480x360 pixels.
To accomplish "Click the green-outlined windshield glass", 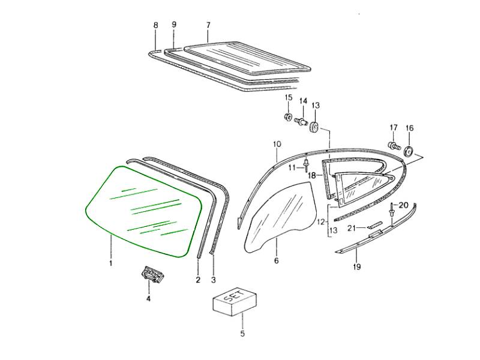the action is coord(143,211).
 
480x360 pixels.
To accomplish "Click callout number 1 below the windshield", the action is coord(111,263).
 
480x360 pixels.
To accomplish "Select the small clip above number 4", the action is coord(152,274).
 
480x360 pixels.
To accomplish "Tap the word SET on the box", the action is coord(235,297).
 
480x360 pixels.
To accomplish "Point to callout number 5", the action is coord(242,334).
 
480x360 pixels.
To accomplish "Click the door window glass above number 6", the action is coord(278,216).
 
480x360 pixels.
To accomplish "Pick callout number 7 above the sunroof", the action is coord(208,25).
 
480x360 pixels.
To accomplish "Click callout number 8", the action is coord(156,25).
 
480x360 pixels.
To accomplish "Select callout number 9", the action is coord(174,24).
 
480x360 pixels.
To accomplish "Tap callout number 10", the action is coord(277,144).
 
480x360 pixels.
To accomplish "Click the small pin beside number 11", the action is coord(306,166).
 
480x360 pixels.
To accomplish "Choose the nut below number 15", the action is coord(288,117).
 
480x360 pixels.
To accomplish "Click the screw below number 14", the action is coord(302,122).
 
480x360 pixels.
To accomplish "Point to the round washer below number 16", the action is coord(409,151).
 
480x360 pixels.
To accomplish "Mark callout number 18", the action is coord(311,175).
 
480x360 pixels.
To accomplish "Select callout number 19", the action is coord(357,266).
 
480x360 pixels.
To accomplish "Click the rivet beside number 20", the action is coord(392,211).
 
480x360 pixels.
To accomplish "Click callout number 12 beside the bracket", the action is coord(321,221).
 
